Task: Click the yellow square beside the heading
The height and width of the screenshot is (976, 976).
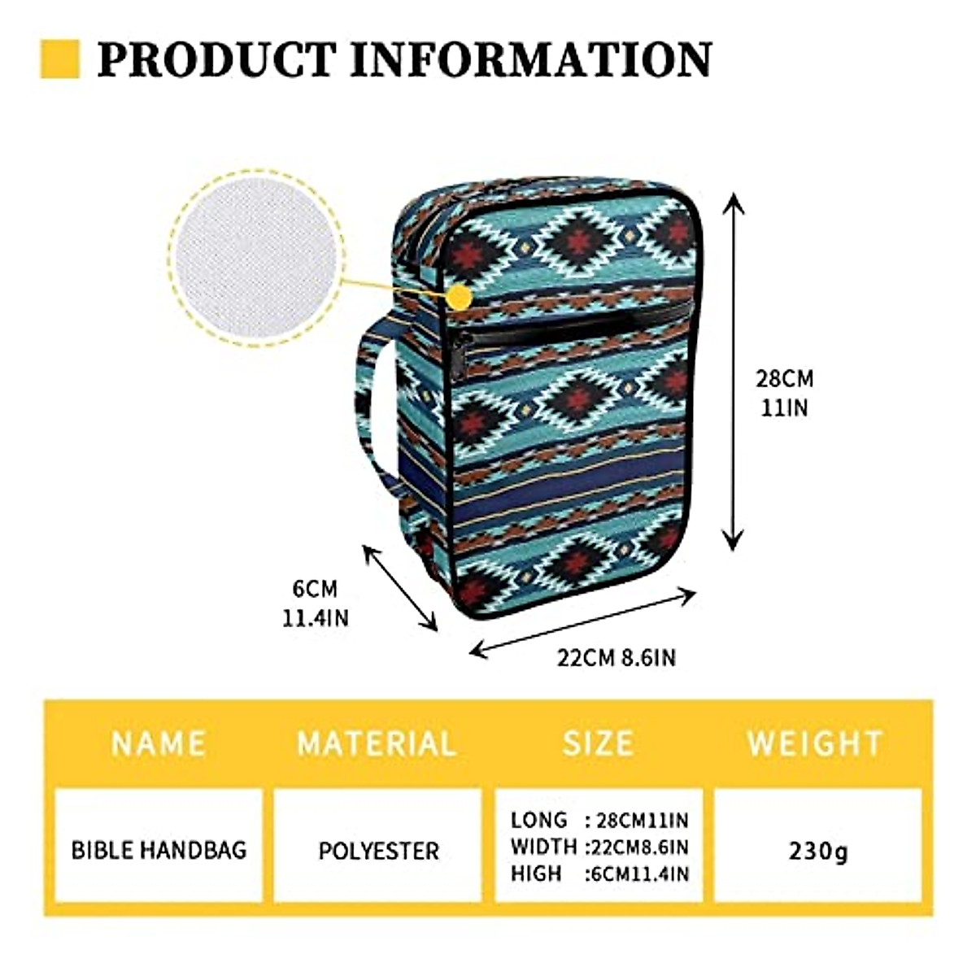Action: [59, 59]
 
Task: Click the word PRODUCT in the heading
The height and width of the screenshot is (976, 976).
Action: [216, 59]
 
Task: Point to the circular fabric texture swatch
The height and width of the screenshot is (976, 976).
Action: [257, 257]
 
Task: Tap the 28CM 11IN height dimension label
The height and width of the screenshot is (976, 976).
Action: [784, 393]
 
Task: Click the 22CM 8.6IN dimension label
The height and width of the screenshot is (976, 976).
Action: [617, 657]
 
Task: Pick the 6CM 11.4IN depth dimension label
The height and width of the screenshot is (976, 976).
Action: [315, 603]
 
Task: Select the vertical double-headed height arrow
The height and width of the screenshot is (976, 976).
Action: [734, 370]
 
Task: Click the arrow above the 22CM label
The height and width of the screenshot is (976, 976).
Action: [583, 621]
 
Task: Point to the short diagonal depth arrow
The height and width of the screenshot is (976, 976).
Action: [400, 587]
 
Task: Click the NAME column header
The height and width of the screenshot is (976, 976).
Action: [159, 743]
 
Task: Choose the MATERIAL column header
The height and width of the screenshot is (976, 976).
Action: [377, 743]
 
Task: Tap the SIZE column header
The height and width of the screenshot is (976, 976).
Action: [598, 743]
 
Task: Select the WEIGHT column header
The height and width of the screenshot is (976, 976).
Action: [815, 743]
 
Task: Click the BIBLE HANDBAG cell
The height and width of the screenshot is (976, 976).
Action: [159, 851]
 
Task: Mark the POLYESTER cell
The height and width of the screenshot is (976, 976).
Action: [378, 851]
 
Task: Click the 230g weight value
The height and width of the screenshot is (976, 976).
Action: [817, 851]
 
